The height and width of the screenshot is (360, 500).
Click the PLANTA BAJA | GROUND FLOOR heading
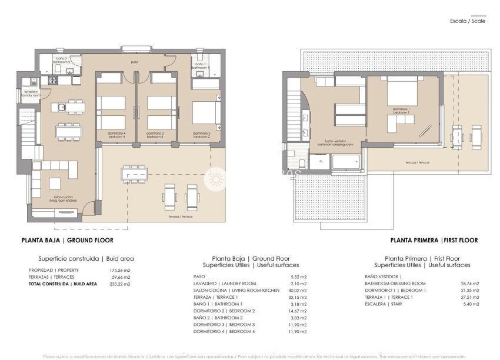pyautogui.click(x=67, y=240)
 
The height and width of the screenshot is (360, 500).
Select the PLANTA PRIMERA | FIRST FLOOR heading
pyautogui.click(x=434, y=240)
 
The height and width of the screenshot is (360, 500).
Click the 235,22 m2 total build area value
pyautogui.click(x=121, y=284)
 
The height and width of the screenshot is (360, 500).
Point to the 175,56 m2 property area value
pyautogui.click(x=121, y=270)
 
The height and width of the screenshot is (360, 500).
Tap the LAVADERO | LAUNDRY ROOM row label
pyautogui.click(x=224, y=283)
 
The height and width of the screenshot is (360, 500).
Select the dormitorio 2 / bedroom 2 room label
pyautogui.click(x=202, y=135)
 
